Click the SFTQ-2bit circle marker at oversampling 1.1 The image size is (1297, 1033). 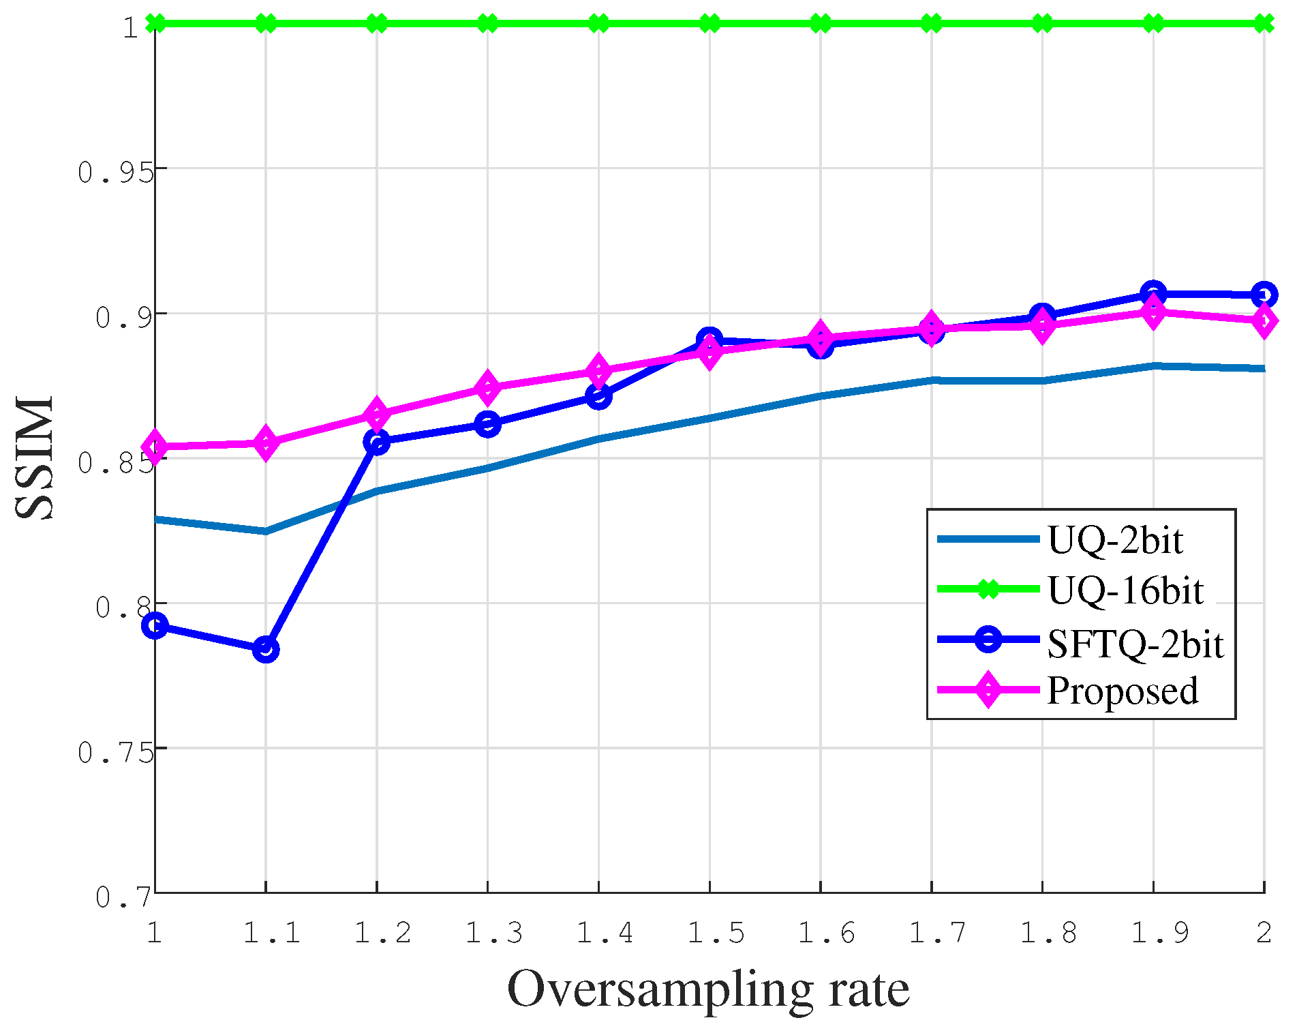(x=266, y=650)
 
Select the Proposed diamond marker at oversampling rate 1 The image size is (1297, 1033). (x=155, y=447)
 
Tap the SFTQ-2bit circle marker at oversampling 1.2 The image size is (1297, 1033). (x=377, y=442)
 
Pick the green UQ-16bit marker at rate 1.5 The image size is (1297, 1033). (x=709, y=24)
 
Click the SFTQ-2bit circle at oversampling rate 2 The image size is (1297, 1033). (x=1264, y=295)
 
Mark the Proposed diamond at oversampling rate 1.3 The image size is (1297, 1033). (x=487, y=388)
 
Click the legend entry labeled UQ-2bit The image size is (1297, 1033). (x=1115, y=540)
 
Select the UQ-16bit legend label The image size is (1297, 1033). (x=1125, y=590)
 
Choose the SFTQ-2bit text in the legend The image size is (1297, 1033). (x=1135, y=643)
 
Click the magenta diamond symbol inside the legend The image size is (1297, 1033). (x=988, y=690)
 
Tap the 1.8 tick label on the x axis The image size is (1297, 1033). (x=1048, y=932)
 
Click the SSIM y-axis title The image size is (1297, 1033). (x=34, y=458)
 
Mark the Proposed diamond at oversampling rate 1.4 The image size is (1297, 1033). (x=598, y=371)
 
